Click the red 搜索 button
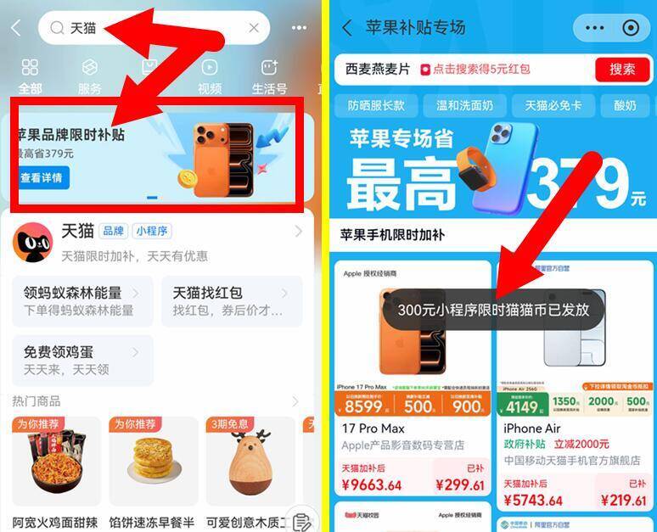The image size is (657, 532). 622,70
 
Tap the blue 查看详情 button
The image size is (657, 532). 41,178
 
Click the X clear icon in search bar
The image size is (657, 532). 254,28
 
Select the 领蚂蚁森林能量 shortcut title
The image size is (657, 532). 72,293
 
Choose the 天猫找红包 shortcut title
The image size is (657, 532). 208,293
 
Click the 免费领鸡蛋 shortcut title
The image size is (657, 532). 60,352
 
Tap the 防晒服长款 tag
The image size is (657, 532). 376,105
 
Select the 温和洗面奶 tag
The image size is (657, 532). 465,105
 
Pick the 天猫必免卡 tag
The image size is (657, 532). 553,105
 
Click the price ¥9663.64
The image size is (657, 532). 372,485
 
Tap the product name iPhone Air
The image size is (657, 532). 534,428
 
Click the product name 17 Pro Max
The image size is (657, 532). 373,428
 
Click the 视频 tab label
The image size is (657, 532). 210,88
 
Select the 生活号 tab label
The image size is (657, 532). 269,88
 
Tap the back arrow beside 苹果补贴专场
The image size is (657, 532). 346,28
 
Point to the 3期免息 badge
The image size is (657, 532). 229,423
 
